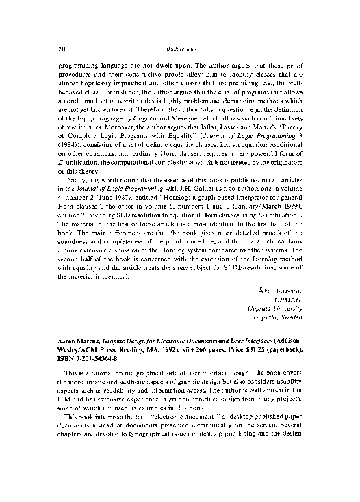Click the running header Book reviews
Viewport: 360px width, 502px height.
point(179,40)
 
